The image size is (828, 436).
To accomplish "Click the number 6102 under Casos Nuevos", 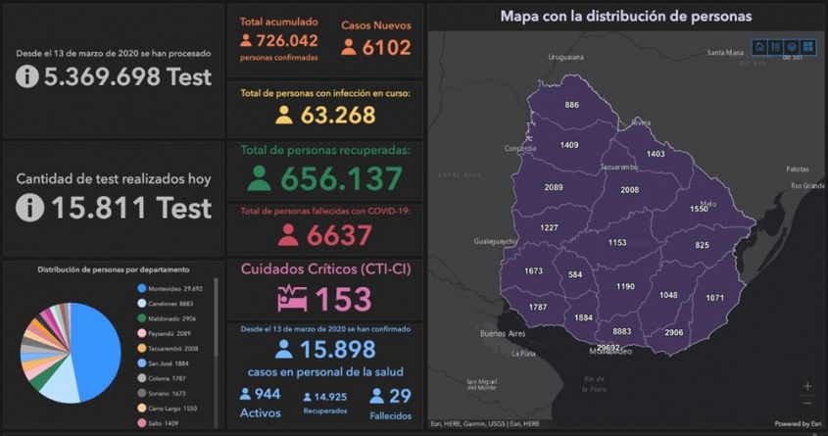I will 386,46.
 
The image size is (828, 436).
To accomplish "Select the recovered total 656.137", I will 342,178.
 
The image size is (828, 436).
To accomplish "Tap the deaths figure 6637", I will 339,235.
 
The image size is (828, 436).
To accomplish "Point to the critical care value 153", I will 344,298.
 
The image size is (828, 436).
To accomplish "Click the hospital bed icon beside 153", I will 293,298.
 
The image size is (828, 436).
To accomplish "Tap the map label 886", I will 571,105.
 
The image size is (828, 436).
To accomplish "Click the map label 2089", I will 554,187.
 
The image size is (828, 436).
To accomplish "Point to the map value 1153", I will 616,242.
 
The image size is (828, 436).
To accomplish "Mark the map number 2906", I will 673,333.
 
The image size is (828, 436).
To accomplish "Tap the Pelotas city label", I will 798,170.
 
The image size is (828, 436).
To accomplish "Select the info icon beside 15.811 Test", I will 29,207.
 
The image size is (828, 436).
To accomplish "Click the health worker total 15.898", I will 339,350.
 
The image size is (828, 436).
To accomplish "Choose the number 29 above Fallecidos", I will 399,395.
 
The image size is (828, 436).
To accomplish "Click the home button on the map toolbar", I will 759,47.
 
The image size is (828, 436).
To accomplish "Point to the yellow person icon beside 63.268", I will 283,116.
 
